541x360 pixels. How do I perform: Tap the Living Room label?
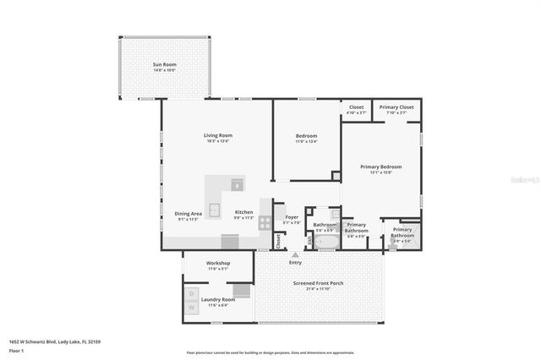tap(217, 135)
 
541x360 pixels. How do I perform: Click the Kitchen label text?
tap(243, 212)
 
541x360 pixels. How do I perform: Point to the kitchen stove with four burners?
tap(265, 223)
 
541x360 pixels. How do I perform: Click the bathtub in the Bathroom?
tap(325, 241)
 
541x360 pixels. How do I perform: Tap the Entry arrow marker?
tap(294, 253)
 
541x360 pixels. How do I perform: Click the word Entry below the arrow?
tap(294, 262)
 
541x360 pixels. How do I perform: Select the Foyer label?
tap(291, 217)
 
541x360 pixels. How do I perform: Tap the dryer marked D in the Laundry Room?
tap(190, 293)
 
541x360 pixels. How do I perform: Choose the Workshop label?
tap(218, 264)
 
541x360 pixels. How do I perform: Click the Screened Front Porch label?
tap(318, 283)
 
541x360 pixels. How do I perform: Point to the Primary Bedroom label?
tap(380, 167)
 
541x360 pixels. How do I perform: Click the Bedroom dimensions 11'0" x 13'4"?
tap(306, 142)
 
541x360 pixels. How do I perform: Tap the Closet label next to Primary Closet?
tap(356, 107)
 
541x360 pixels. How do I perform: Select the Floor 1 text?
tap(17, 350)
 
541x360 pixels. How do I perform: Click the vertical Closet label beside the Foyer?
tap(277, 240)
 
